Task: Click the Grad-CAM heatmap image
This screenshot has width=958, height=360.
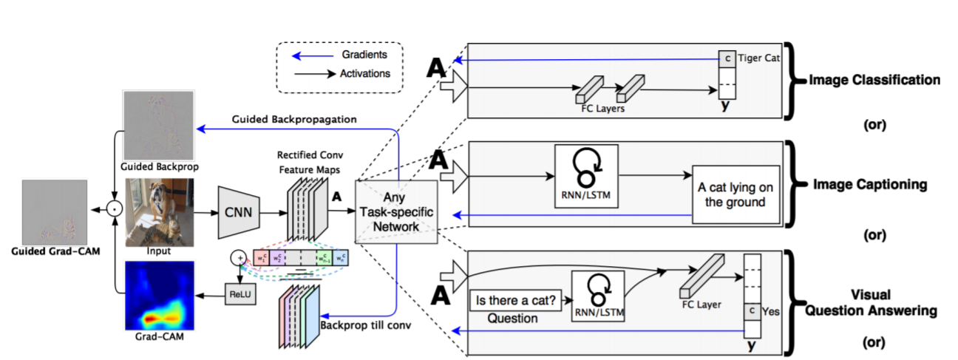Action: point(159,296)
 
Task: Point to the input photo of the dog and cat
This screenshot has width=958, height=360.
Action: point(159,213)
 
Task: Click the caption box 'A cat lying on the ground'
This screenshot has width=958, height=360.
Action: point(736,194)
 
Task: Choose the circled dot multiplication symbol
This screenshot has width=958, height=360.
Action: point(114,211)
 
